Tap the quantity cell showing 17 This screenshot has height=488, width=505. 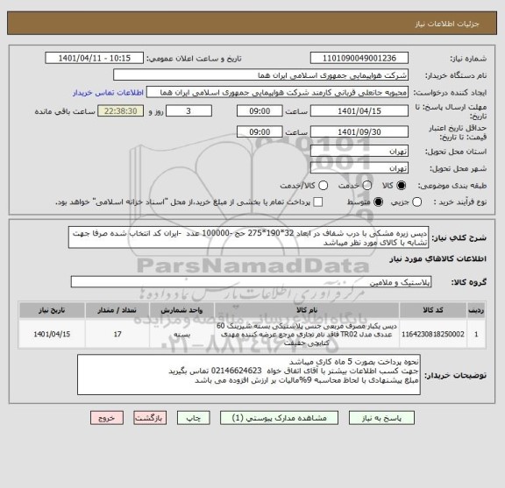[x=117, y=334]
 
